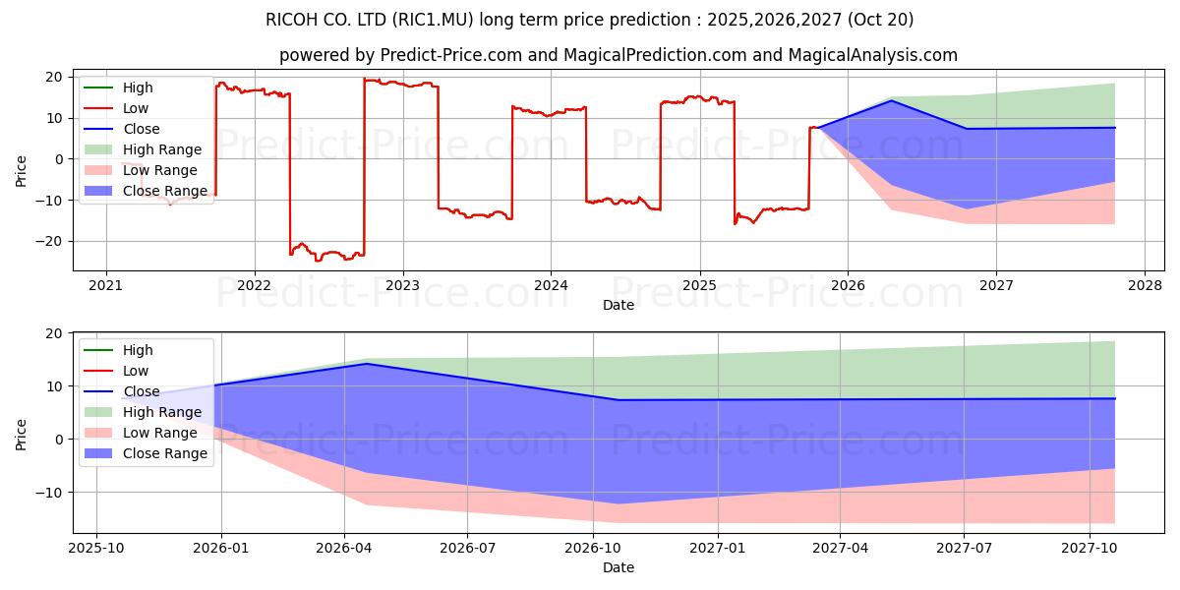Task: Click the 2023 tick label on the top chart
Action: (402, 285)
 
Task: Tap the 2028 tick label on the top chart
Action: (1144, 285)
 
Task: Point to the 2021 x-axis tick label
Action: (106, 285)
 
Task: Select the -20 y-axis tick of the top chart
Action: (53, 241)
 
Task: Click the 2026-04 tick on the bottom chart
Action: (344, 548)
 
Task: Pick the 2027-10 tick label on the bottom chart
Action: (1090, 548)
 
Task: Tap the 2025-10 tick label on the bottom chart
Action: (96, 548)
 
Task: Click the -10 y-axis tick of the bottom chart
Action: (53, 492)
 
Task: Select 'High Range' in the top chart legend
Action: (161, 149)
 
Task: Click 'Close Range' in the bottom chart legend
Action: (164, 453)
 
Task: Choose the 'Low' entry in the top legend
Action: (136, 108)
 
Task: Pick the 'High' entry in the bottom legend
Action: (138, 350)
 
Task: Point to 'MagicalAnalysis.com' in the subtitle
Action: (872, 55)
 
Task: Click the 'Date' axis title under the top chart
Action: (619, 305)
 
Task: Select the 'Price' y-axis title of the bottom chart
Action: (22, 433)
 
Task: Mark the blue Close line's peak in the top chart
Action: (892, 100)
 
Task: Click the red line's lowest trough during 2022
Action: (318, 261)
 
